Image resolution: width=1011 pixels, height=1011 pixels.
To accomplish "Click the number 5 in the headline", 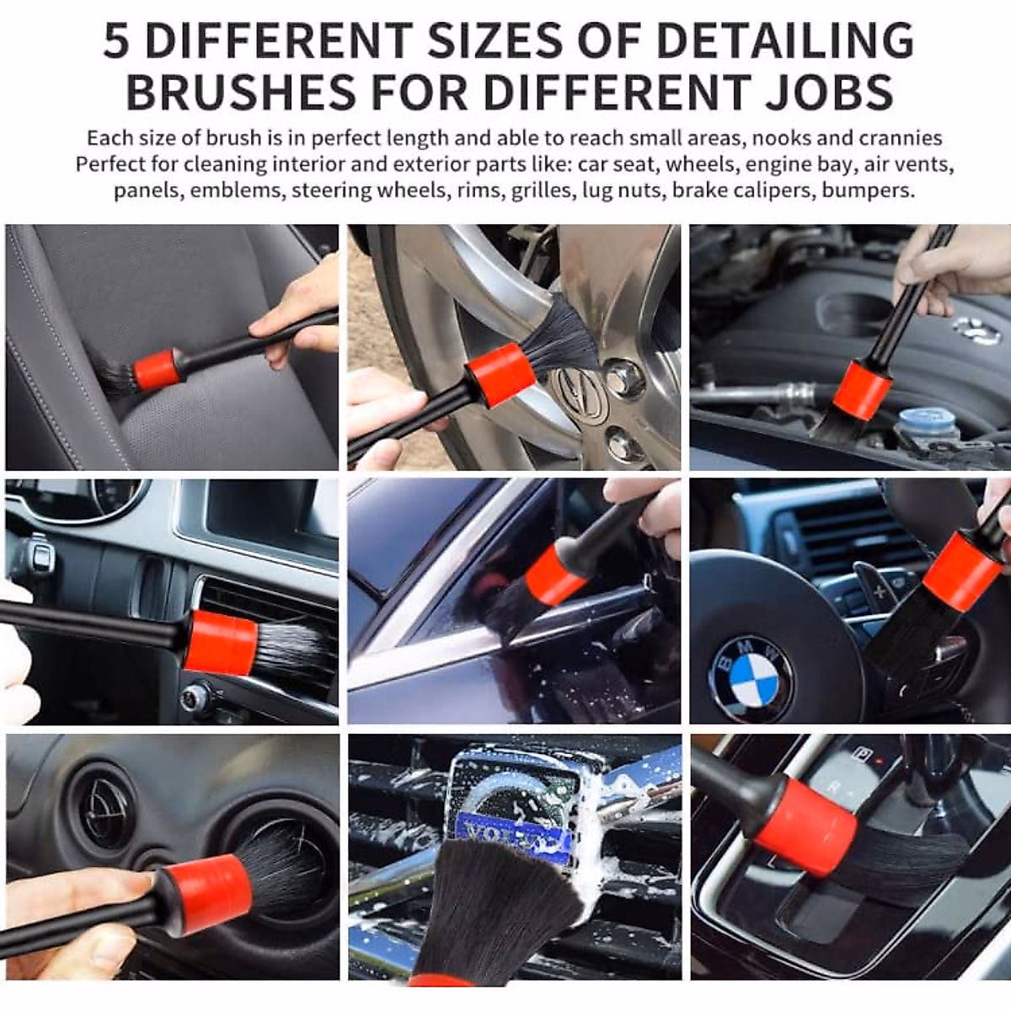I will (x=116, y=40).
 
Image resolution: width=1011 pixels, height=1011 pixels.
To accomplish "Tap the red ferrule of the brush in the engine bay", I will (x=863, y=390).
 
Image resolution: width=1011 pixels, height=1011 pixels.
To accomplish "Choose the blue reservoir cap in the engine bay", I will (x=927, y=421).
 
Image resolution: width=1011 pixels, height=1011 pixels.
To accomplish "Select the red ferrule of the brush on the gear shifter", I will (x=805, y=813).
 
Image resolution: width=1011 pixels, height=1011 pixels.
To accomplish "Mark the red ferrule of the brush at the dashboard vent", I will (x=220, y=642).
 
